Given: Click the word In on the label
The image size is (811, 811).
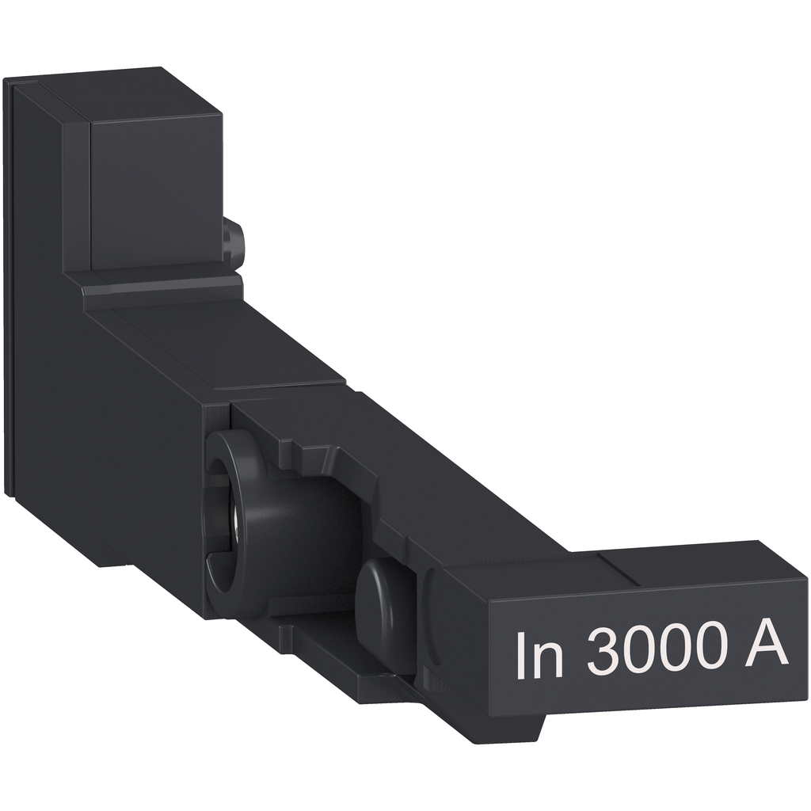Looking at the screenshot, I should point(539,655).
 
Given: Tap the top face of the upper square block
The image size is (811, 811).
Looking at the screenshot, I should point(119,91).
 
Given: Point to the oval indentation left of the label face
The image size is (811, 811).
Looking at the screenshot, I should point(434,626).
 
